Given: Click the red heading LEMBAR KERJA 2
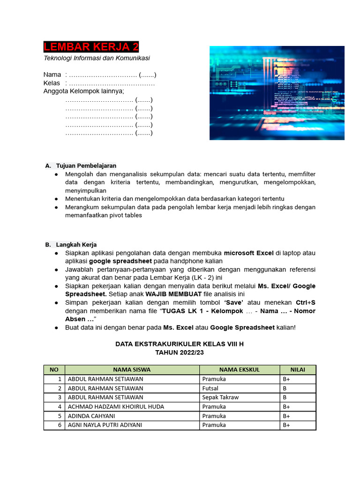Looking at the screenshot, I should tap(91, 47).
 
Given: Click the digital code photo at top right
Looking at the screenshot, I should tap(277, 93).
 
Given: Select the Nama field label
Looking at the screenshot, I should tap(52, 75).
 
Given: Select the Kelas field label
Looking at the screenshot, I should tap(52, 83).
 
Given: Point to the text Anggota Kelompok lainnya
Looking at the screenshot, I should tap(83, 91).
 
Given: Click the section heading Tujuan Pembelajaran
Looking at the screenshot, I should tap(86, 165).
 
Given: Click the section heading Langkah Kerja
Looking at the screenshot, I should tap(76, 245).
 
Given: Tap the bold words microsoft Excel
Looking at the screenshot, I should tap(248, 253).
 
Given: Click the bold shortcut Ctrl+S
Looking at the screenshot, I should tap(305, 302).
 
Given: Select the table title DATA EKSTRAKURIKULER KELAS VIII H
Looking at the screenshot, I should tap(180, 344).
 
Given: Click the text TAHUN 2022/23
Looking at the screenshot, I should tap(180, 352).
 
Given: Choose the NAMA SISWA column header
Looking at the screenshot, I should tap(132, 369).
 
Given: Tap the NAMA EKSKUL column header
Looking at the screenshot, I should tap(239, 369).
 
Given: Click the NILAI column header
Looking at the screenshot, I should tap(298, 369).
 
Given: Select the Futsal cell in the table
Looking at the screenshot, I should tap(210, 388).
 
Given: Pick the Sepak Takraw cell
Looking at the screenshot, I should tap(220, 397).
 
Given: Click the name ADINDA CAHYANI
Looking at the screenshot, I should tap(91, 416).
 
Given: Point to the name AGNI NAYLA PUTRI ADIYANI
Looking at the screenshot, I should tap(105, 425).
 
